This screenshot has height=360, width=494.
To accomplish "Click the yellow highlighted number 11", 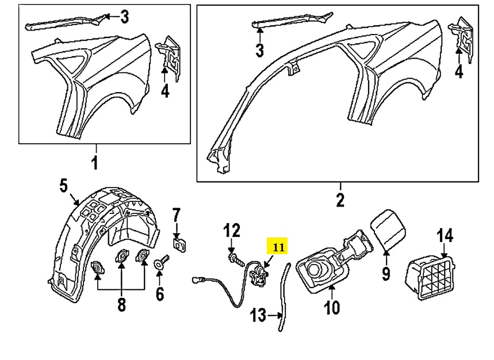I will click(x=278, y=247).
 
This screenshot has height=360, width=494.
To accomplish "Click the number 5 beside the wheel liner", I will click(x=64, y=185).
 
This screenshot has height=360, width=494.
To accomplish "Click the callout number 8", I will click(x=121, y=304).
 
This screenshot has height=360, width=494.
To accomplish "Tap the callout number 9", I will click(x=386, y=273).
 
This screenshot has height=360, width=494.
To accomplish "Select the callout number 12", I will click(x=232, y=231).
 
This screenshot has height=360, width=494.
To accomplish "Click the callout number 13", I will click(x=259, y=315).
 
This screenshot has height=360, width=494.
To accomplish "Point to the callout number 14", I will click(x=445, y=236).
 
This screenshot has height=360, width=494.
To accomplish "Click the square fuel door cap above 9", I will click(x=388, y=228).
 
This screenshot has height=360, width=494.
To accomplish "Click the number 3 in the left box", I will click(x=124, y=17).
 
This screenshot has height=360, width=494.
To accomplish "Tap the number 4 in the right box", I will click(x=458, y=72).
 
